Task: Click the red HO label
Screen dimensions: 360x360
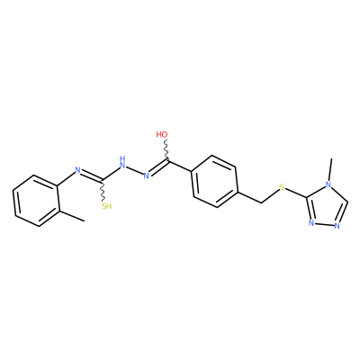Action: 162,134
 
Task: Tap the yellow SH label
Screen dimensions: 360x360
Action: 106,206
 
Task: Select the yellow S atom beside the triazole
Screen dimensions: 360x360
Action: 282,188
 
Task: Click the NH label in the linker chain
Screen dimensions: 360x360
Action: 122,161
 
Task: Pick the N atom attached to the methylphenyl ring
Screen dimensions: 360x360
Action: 77,170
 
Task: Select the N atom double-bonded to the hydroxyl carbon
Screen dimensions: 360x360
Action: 146,175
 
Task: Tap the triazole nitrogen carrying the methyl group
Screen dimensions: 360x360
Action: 328,184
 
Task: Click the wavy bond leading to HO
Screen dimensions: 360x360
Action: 166,150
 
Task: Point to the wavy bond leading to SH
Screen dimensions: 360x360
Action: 103,191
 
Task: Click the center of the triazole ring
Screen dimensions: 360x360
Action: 326,208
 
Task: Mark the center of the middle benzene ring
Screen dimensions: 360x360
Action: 214,181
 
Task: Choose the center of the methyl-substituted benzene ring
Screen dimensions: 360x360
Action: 35,201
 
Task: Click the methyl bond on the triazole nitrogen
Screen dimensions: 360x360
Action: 330,169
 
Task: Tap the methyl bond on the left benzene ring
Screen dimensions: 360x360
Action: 71,216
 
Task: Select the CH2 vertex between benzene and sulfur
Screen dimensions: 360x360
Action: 261,203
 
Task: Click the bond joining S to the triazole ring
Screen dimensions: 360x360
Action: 296,193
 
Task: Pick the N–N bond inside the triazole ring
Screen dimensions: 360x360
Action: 324,224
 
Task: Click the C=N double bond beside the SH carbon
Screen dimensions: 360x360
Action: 91,176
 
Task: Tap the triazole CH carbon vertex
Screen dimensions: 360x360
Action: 347,202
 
